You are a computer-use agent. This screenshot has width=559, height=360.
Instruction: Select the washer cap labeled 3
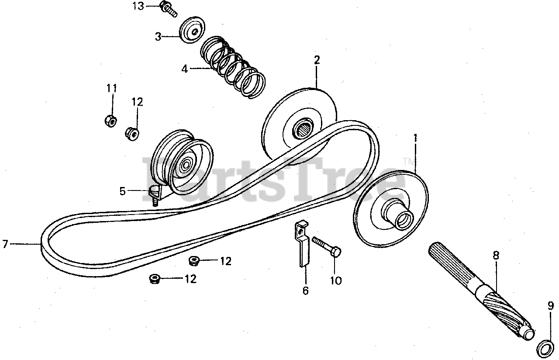click(x=193, y=30)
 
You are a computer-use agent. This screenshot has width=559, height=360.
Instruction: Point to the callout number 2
click(x=317, y=60)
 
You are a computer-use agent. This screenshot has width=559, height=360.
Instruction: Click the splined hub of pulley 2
click(x=303, y=128)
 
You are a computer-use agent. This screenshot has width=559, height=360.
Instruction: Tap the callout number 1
click(x=415, y=138)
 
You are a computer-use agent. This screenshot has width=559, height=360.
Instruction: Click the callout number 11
click(x=111, y=88)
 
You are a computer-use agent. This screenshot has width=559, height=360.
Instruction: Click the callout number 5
click(x=122, y=191)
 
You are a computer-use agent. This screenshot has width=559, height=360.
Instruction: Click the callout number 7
click(x=5, y=245)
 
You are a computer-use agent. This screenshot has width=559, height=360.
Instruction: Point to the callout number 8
click(x=496, y=255)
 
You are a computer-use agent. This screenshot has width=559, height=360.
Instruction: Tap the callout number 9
click(x=551, y=305)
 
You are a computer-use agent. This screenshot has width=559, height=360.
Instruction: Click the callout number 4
click(x=185, y=69)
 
